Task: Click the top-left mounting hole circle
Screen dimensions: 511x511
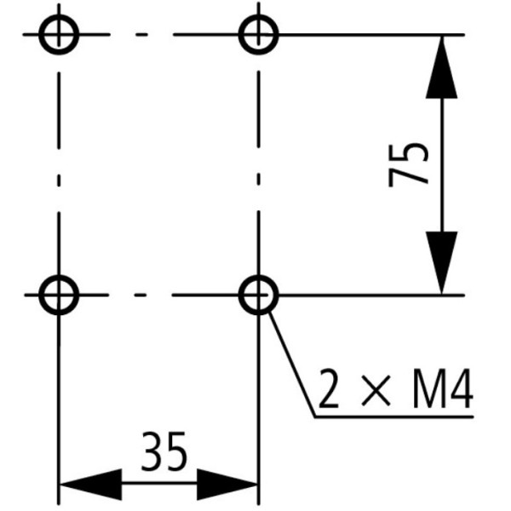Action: (x=58, y=35)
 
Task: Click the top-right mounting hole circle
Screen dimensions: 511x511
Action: (x=257, y=35)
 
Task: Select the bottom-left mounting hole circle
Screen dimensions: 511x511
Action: (x=58, y=295)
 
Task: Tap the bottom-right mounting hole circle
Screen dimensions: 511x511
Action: (x=257, y=295)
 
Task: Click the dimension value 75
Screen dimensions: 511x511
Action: (x=408, y=164)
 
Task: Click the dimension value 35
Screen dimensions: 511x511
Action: (x=163, y=453)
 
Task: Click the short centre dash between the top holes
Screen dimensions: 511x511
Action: (x=141, y=35)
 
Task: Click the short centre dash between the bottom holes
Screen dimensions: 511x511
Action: (x=141, y=295)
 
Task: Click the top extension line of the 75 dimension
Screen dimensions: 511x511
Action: (x=375, y=35)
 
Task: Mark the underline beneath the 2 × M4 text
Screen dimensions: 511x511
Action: (x=392, y=416)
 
